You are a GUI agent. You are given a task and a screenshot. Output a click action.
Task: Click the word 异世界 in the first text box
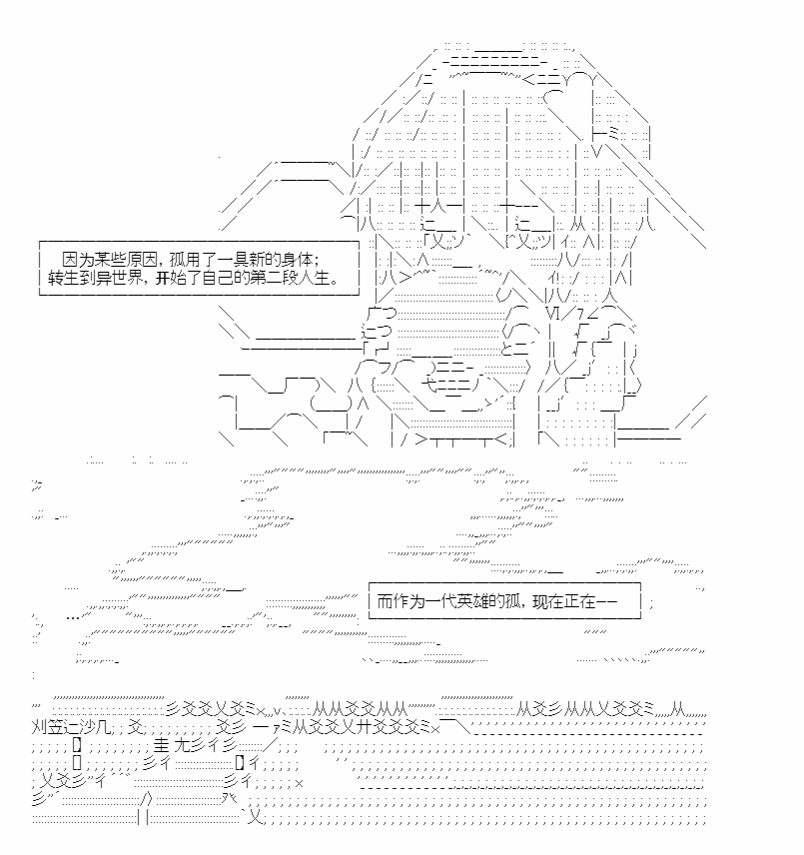(x=119, y=278)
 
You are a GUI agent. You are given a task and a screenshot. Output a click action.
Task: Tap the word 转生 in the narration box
(x=64, y=278)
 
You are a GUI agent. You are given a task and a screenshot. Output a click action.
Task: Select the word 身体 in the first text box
(x=299, y=259)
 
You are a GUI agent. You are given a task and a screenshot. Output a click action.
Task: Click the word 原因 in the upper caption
(x=142, y=259)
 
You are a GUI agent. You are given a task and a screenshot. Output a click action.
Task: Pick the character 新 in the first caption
(x=259, y=259)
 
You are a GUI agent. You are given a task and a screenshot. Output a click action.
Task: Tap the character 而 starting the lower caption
(x=385, y=601)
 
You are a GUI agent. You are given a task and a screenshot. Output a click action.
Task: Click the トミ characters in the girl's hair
(x=605, y=133)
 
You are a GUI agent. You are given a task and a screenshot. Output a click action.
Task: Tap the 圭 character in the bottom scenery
(x=162, y=744)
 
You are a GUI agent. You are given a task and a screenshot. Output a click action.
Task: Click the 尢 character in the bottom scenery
(x=181, y=744)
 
